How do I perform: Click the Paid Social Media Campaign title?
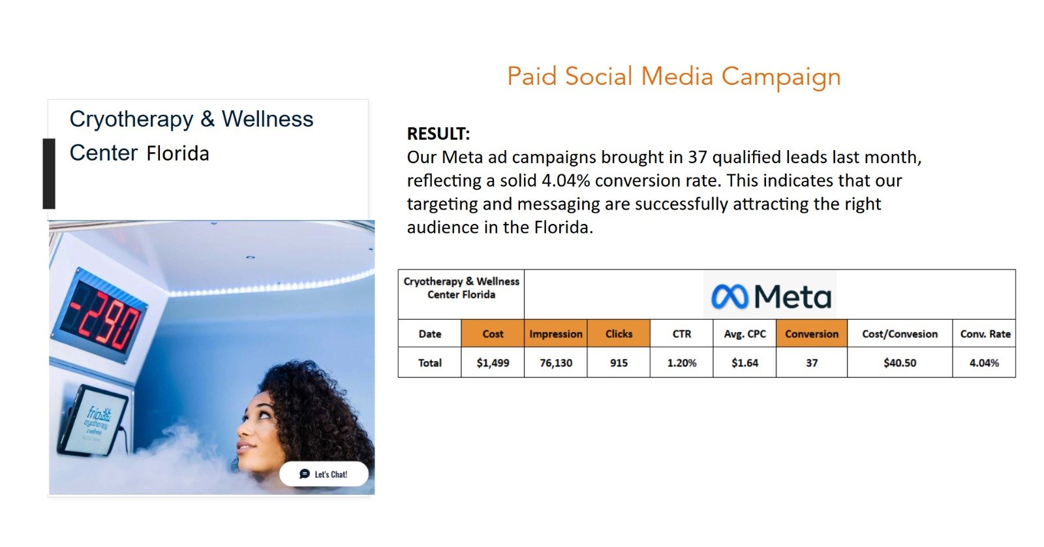point(674,76)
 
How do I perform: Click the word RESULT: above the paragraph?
point(438,134)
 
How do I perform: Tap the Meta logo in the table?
point(771,296)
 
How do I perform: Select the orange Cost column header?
point(493,334)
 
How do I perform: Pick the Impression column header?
point(555,334)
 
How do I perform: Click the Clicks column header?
point(619,334)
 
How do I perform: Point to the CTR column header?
point(681,334)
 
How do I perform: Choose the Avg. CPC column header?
point(745,334)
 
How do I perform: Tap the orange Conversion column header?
point(812,334)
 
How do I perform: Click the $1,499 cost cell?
point(493,363)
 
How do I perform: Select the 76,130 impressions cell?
point(555,363)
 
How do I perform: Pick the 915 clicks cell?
point(619,363)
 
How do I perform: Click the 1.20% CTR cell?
point(681,363)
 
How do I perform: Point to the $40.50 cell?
point(900,363)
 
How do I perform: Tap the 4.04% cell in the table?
point(984,363)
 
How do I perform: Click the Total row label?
point(429,363)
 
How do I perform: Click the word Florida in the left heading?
point(177,153)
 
